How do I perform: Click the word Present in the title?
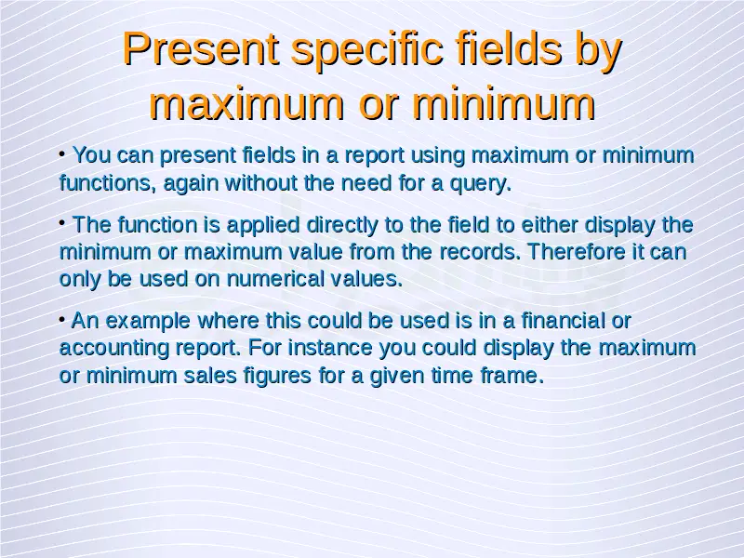click(x=201, y=48)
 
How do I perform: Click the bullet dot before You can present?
click(x=62, y=153)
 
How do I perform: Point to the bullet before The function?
click(x=62, y=222)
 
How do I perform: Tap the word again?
click(x=191, y=184)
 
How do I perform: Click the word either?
click(x=550, y=224)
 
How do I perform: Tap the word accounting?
click(x=114, y=349)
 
